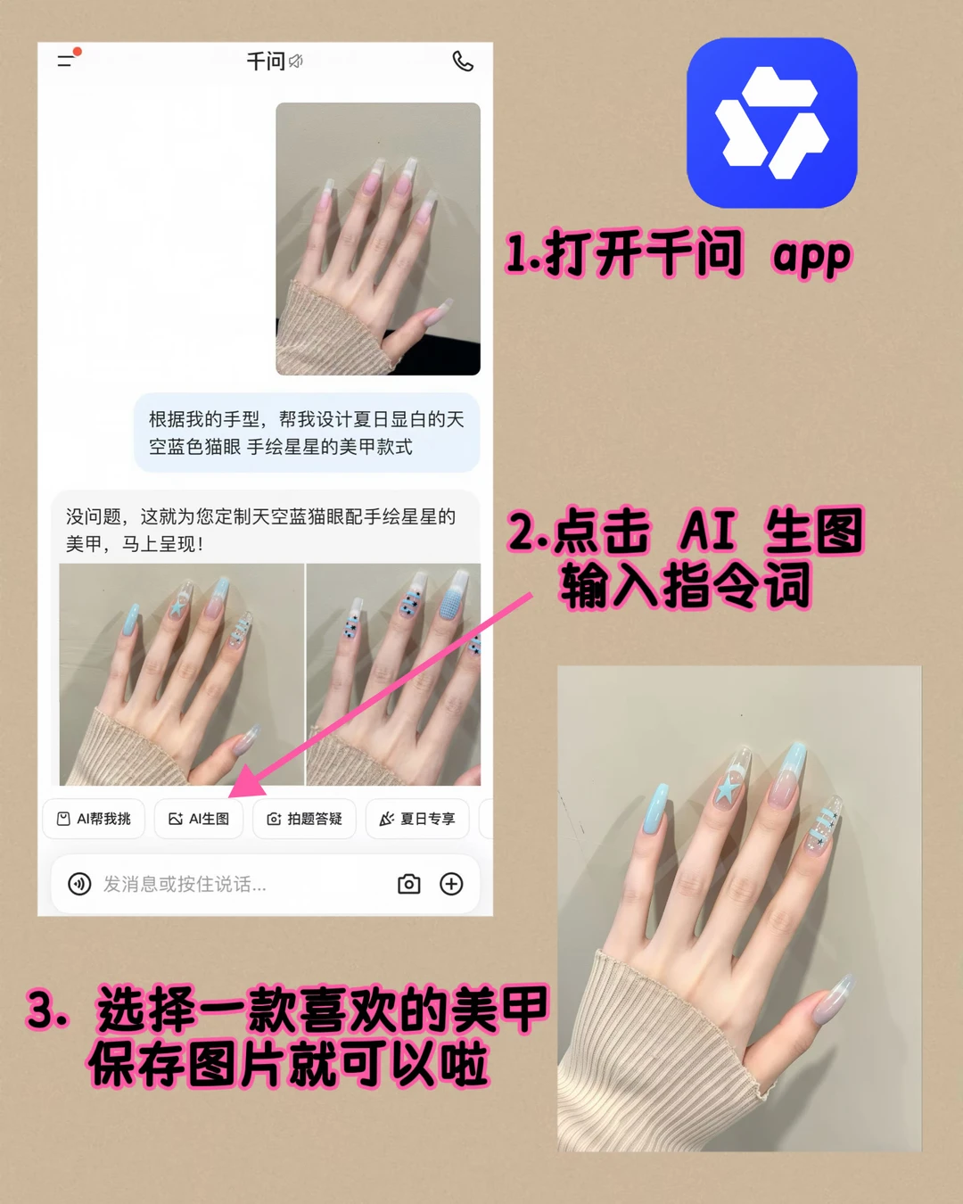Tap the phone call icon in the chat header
463,62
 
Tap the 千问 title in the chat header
267,61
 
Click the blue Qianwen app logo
771,122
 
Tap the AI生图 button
199,819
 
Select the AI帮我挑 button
94,819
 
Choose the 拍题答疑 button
304,819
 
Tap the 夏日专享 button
417,819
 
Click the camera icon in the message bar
409,884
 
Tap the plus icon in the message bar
451,884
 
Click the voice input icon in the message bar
79,884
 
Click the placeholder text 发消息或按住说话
185,884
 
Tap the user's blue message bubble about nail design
307,433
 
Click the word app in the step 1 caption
811,256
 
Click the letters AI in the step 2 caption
707,531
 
